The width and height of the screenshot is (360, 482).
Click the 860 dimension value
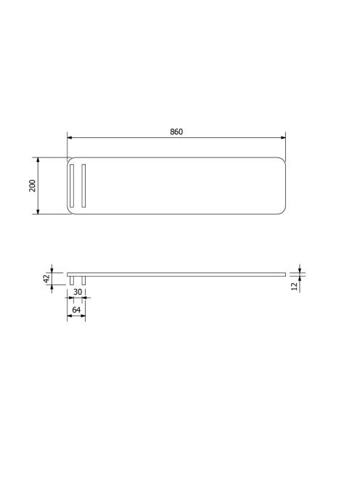[176, 131]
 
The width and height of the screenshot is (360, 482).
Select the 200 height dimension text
[32, 186]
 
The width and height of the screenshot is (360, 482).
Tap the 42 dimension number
[46, 279]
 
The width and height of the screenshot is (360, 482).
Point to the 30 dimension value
[78, 292]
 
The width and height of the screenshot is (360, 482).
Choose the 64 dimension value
[76, 310]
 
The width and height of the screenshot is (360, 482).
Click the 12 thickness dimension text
[295, 287]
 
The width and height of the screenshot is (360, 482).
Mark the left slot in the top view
[72, 186]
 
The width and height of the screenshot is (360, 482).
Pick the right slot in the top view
[83, 186]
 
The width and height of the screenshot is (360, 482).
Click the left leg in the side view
[72, 280]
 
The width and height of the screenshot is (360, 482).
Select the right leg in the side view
[83, 280]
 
